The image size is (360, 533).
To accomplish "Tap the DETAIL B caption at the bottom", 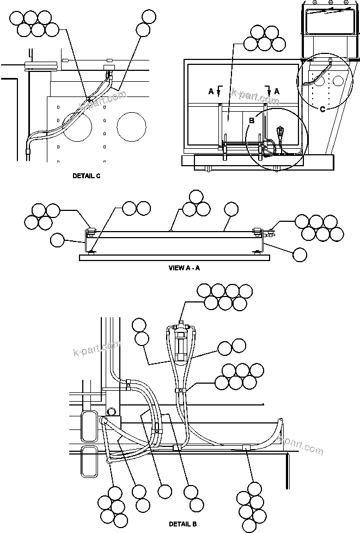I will (182, 524).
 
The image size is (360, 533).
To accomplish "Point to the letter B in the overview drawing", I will (251, 120).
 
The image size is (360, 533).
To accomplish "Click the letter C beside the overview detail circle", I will (322, 109).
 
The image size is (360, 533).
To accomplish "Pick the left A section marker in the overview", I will (211, 92).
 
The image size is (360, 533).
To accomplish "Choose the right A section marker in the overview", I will (276, 92).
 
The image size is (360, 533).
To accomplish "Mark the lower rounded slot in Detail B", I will (88, 461).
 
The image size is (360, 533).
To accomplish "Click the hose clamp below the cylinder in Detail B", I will (180, 390).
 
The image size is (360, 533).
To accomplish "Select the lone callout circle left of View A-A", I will (57, 240).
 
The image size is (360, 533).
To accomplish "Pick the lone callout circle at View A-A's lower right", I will (299, 253).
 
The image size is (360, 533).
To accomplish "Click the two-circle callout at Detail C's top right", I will (145, 22).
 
